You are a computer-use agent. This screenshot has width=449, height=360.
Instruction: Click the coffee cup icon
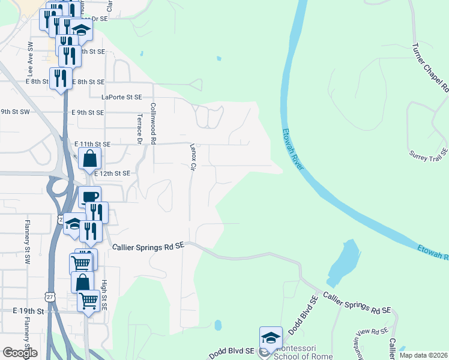[89, 197]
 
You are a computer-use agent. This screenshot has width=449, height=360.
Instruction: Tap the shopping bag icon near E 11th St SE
[89, 159]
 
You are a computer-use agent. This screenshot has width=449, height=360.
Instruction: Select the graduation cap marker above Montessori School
[271, 337]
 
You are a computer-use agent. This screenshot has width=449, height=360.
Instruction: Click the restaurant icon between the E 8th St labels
[61, 78]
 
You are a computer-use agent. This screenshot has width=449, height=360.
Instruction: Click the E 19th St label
[29, 311]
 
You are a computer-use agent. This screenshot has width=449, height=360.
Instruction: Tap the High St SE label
[104, 296]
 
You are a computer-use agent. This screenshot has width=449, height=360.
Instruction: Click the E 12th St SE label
[112, 173]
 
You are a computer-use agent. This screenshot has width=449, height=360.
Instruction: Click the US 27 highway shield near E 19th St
[50, 296]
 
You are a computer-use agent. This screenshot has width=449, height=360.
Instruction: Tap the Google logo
[20, 353]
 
